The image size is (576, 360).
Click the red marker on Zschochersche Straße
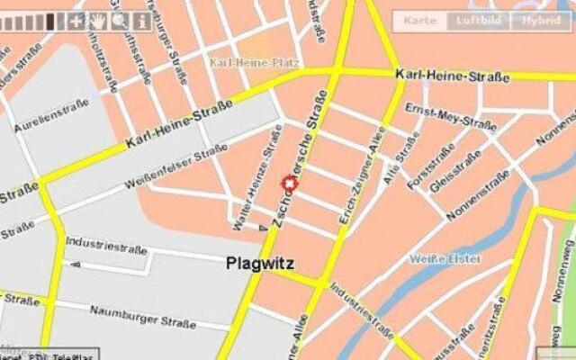290,184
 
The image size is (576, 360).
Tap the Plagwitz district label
259,264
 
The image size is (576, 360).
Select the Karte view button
420,20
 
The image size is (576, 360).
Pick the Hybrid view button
540,20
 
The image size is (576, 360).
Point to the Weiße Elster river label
445,259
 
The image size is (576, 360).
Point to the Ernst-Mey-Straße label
439,116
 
